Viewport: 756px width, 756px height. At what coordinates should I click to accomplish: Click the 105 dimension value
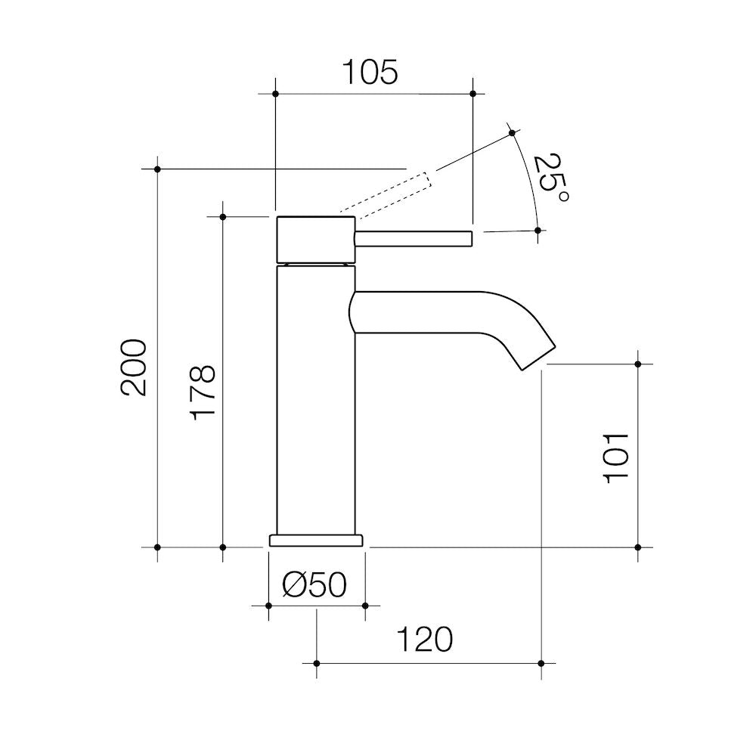pyautogui.click(x=370, y=73)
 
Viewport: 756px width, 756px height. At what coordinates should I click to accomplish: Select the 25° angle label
pyautogui.click(x=550, y=178)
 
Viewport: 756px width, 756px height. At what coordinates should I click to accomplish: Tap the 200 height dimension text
pyautogui.click(x=134, y=367)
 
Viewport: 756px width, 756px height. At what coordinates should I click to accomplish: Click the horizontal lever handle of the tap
pyautogui.click(x=414, y=238)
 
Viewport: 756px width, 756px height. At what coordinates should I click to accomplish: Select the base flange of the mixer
pyautogui.click(x=316, y=540)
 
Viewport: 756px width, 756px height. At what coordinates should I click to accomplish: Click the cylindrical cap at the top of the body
pyautogui.click(x=316, y=239)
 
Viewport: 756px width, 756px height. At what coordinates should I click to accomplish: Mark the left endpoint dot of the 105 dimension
pyautogui.click(x=275, y=94)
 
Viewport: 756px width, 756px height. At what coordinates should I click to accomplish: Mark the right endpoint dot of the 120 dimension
pyautogui.click(x=541, y=663)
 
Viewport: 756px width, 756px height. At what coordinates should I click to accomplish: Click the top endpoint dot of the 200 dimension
pyautogui.click(x=157, y=169)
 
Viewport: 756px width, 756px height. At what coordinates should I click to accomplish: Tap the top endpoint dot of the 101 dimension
pyautogui.click(x=638, y=364)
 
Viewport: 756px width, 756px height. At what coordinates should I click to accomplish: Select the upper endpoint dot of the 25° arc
pyautogui.click(x=512, y=133)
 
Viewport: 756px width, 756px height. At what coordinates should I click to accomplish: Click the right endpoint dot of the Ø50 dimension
pyautogui.click(x=365, y=606)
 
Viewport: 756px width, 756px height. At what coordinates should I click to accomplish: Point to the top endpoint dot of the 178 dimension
pyautogui.click(x=222, y=217)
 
